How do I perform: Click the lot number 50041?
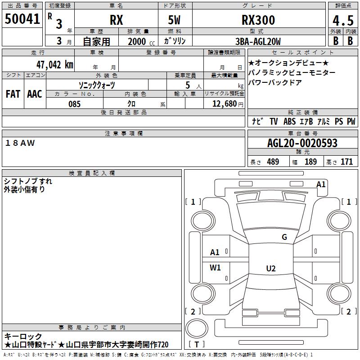[x=22, y=19]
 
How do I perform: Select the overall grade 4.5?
[x=343, y=21]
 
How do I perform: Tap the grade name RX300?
[x=258, y=20]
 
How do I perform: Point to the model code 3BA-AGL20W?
[x=258, y=41]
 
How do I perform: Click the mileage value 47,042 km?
[x=55, y=65]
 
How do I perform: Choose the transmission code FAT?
[x=13, y=94]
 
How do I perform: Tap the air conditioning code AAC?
[x=35, y=94]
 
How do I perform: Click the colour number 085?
[x=74, y=104]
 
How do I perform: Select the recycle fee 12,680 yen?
[x=228, y=104]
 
